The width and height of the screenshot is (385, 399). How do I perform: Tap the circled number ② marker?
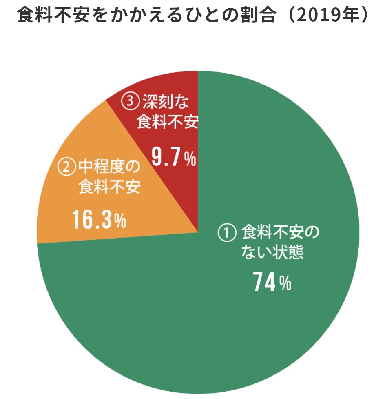pos(67,167)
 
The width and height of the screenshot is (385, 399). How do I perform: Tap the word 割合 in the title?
pos(255,16)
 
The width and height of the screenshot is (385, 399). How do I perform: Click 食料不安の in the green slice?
pos(279,234)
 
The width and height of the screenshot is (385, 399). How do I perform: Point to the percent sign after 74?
pos(285,283)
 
